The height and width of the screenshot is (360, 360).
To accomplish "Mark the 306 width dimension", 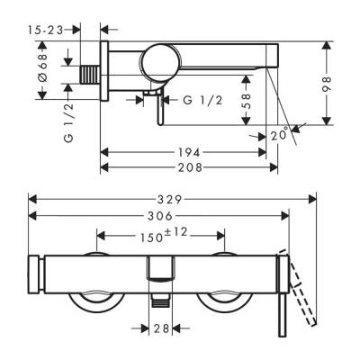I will coord(162,216).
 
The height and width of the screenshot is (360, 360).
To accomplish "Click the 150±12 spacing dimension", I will coord(161,236).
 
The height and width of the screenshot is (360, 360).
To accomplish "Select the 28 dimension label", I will coord(161,328).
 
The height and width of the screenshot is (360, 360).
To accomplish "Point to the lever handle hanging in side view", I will coord(157,108).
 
